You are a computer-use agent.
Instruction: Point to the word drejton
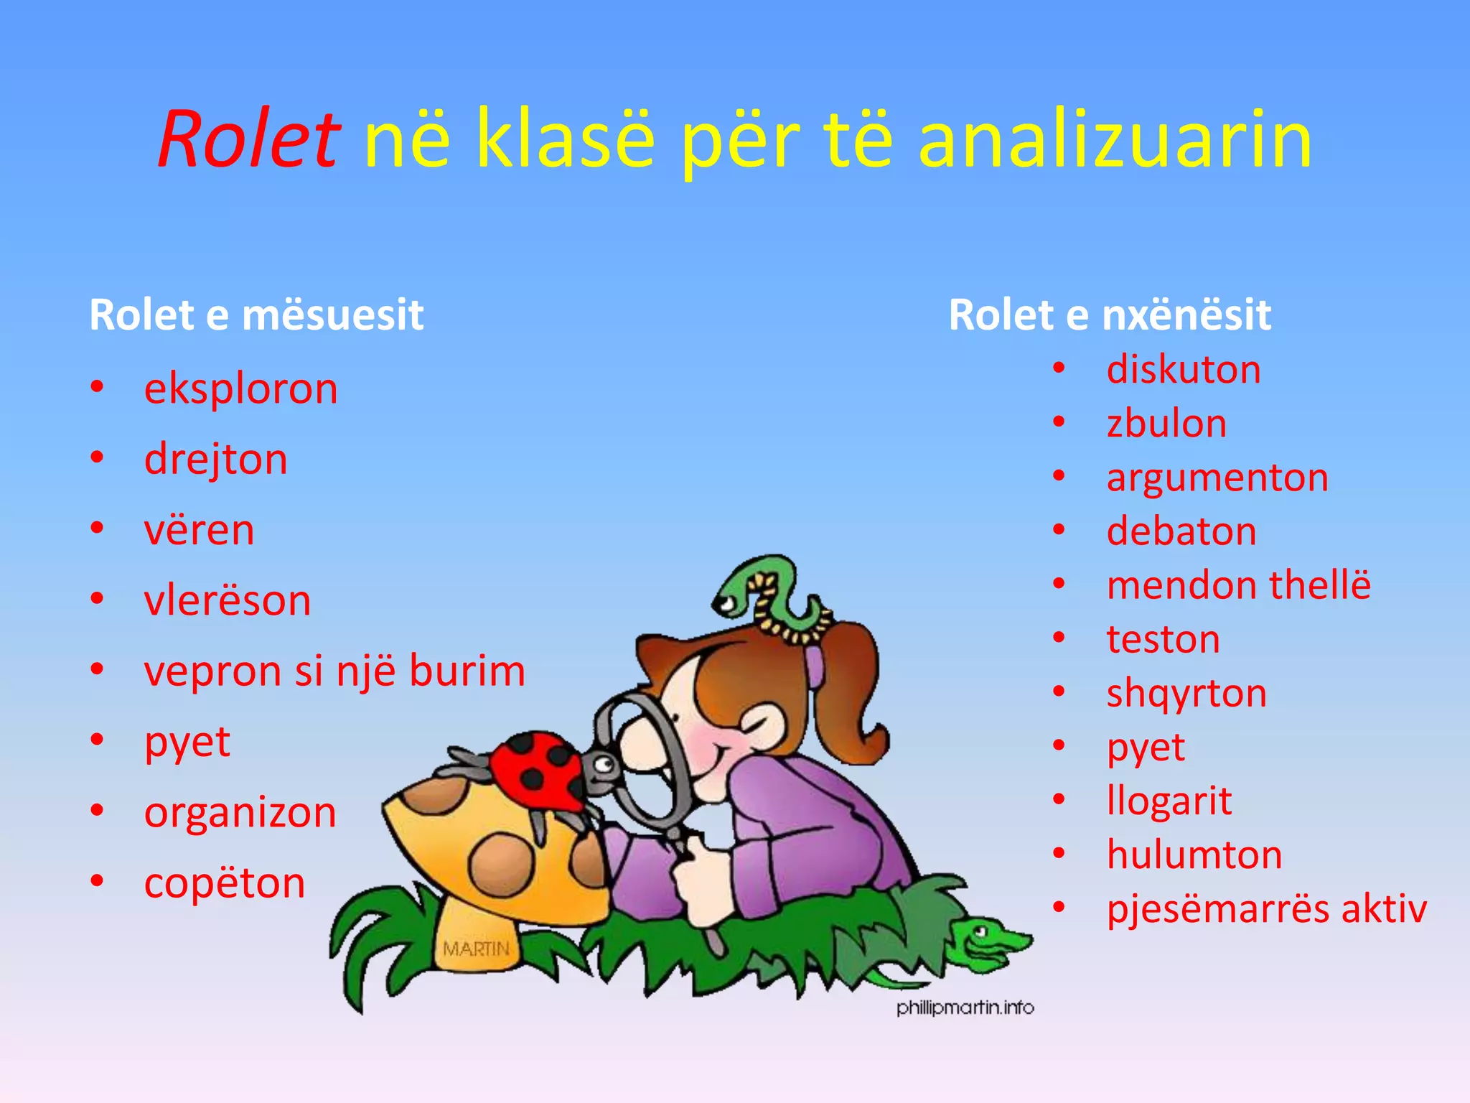pos(215,459)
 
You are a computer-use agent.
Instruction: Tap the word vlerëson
pos(227,600)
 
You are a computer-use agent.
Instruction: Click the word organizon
pos(240,812)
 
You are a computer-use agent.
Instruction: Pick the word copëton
pos(224,883)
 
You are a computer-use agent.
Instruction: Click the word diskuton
pos(1183,369)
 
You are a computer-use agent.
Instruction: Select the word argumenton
pos(1217,477)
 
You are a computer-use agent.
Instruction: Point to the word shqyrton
pos(1186,693)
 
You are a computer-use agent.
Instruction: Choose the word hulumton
pos(1194,855)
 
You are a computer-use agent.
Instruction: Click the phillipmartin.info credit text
pos(965,1007)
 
